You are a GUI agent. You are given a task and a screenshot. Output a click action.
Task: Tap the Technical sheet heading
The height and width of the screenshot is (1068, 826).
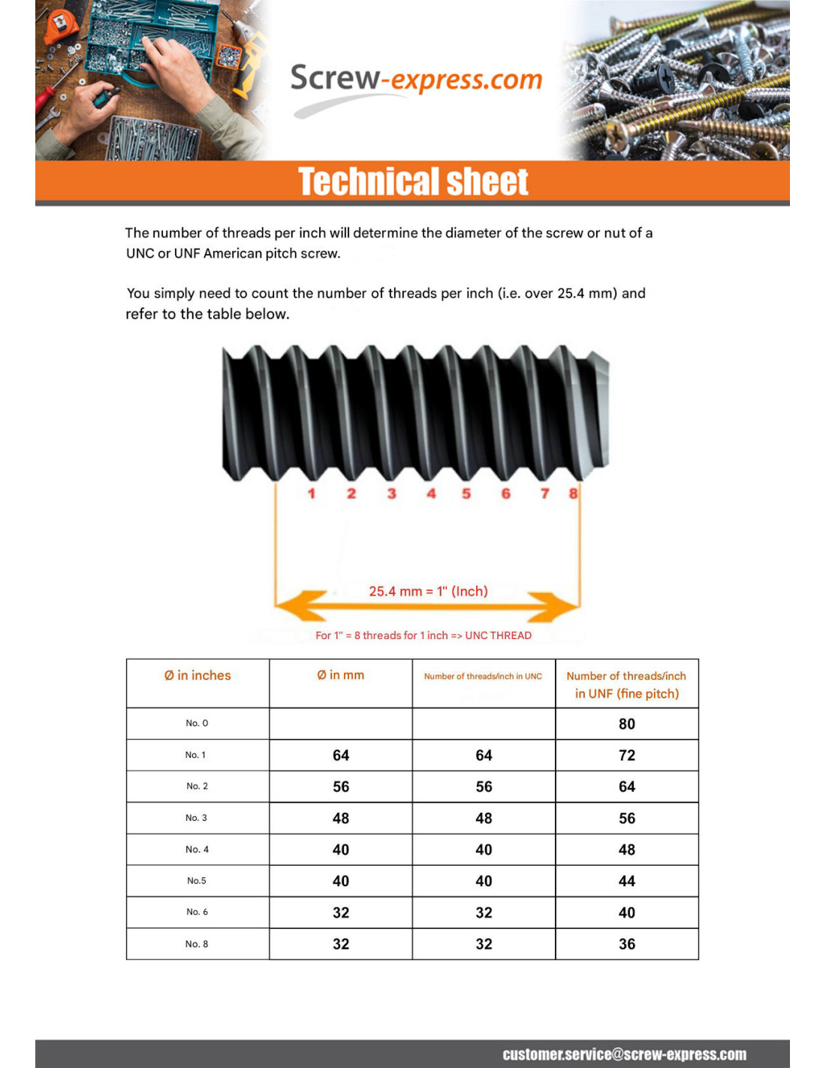point(413,182)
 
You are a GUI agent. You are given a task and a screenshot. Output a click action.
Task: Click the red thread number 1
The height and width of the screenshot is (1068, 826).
point(312,493)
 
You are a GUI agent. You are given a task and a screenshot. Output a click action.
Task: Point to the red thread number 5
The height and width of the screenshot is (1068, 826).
point(466,493)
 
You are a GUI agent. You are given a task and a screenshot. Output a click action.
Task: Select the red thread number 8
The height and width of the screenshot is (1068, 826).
point(573,493)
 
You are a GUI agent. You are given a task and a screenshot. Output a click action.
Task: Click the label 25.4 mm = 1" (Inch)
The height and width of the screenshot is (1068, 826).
point(428,591)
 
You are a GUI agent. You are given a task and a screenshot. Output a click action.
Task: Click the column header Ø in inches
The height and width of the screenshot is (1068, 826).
point(197,675)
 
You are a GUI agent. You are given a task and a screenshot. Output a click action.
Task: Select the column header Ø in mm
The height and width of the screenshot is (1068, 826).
point(340,675)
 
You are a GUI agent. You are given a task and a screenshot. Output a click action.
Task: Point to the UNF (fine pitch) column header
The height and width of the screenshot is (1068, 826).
point(626,684)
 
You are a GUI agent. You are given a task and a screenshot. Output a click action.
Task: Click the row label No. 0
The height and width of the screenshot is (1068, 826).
point(197,723)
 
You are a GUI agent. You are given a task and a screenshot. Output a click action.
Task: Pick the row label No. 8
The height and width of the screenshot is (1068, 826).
point(197,944)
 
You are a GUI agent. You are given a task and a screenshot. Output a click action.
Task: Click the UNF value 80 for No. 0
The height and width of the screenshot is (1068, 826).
point(626,724)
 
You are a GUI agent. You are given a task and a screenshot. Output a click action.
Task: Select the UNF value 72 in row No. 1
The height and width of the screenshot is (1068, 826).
point(626,756)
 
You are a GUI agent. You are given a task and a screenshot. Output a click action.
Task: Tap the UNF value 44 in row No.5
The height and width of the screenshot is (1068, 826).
point(626,881)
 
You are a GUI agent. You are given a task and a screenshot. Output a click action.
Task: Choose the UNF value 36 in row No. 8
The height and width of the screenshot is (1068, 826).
point(626,944)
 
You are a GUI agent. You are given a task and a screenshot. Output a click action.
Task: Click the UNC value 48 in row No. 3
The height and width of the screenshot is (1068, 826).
point(484,819)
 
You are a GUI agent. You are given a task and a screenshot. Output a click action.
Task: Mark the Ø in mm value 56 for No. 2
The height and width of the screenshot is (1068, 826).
point(341,787)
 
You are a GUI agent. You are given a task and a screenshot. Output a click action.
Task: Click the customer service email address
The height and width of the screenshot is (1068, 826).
point(624,1054)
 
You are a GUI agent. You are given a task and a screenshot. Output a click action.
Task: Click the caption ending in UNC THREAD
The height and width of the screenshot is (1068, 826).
point(423,635)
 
